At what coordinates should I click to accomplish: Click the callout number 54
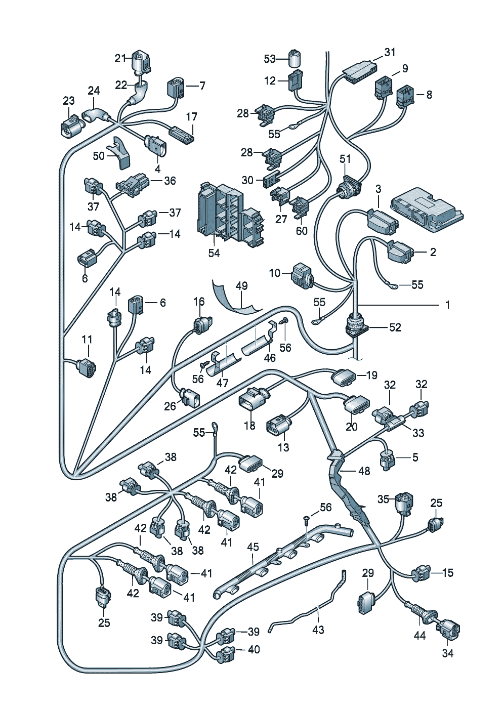214,253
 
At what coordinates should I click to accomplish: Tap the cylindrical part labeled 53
295,58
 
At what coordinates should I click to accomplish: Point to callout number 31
390,53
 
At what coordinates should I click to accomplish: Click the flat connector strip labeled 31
360,68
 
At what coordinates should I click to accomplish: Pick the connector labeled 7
176,87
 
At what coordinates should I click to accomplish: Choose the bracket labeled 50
119,151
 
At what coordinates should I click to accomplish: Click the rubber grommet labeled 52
357,324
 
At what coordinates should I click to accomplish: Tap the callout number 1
447,305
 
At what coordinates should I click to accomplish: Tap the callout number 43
318,630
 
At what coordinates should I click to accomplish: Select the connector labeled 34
448,631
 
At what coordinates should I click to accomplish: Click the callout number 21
119,59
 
